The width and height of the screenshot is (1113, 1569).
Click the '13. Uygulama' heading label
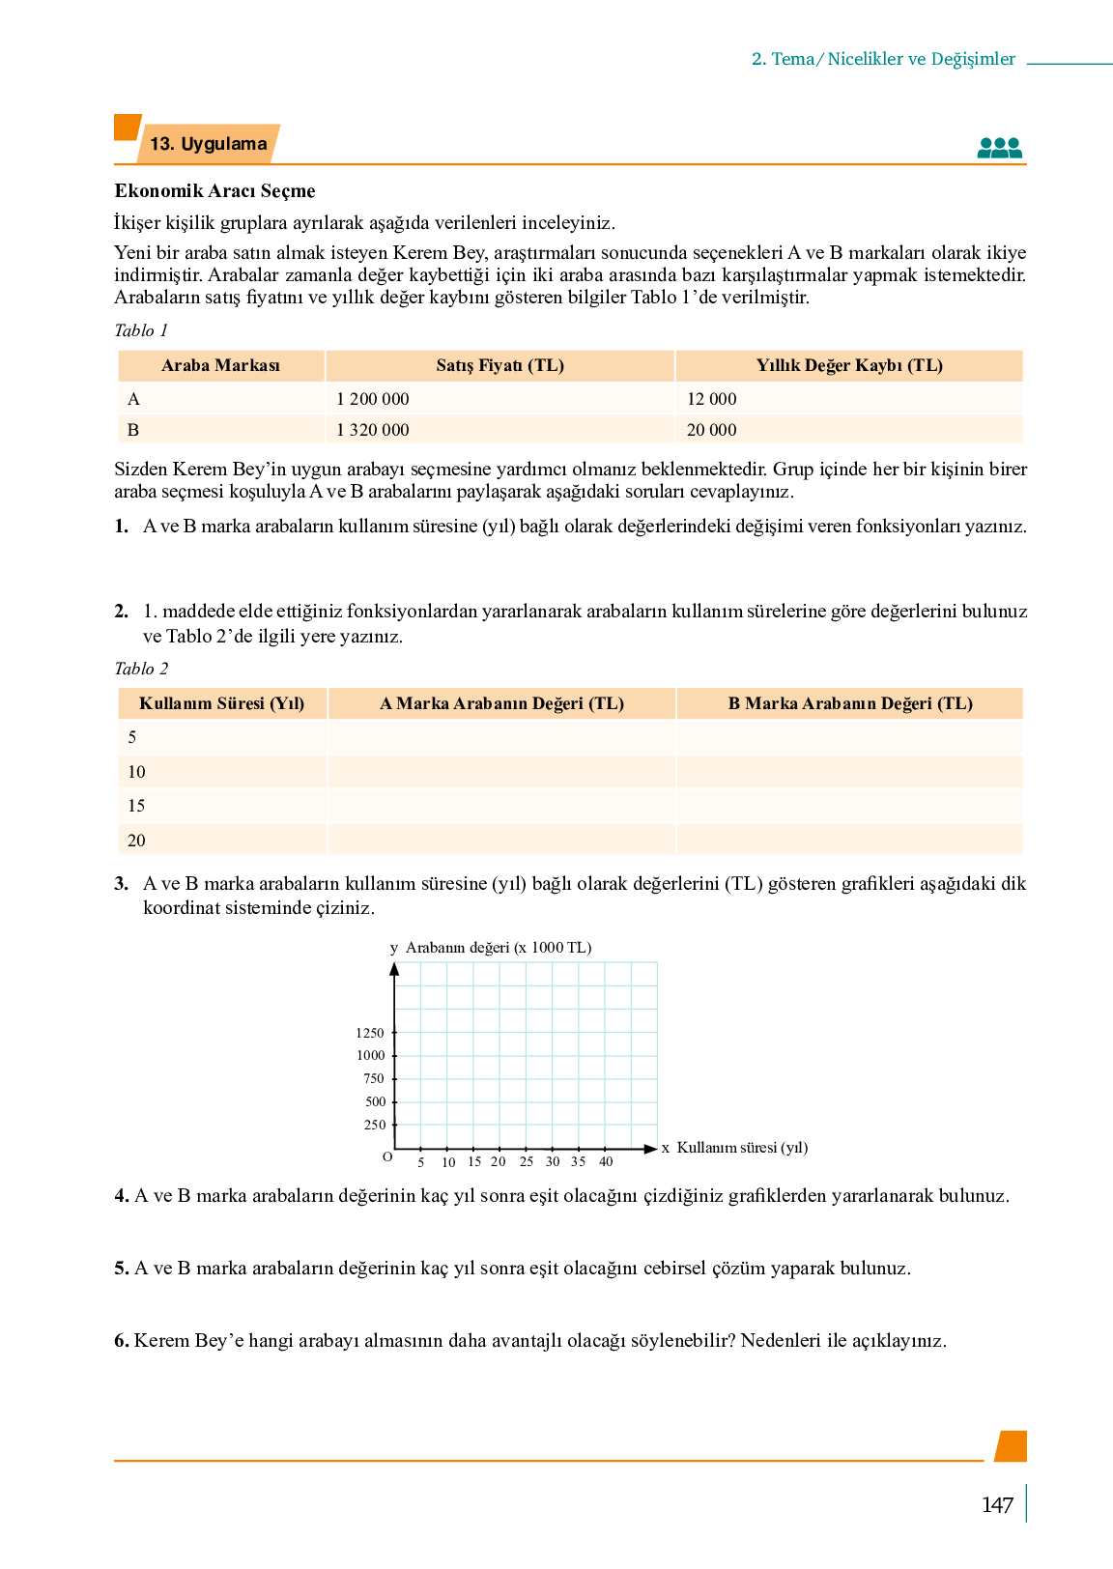[208, 144]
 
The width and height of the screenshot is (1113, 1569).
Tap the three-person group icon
[999, 148]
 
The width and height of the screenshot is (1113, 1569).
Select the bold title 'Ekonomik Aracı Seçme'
[214, 190]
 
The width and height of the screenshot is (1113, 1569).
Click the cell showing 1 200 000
[373, 399]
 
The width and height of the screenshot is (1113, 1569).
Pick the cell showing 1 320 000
[373, 430]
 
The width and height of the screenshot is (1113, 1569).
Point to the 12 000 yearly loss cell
[712, 399]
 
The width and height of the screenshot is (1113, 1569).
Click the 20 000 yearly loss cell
[712, 430]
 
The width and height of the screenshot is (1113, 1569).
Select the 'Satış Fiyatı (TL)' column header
[499, 365]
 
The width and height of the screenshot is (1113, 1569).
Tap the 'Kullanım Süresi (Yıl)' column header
[221, 703]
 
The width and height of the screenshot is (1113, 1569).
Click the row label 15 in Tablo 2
[136, 806]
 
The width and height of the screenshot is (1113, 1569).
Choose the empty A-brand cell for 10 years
[501, 772]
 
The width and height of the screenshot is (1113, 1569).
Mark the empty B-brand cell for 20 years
[849, 841]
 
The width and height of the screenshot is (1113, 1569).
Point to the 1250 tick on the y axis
[370, 1033]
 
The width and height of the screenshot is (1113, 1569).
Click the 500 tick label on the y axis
[375, 1101]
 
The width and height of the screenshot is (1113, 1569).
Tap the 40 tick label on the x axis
[606, 1161]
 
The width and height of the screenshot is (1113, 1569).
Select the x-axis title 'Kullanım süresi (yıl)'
[742, 1148]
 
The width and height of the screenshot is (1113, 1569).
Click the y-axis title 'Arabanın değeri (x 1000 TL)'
[499, 948]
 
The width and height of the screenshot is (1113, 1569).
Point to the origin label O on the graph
[387, 1156]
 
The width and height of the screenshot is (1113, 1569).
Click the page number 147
[997, 1504]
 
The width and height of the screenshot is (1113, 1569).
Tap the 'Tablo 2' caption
[141, 669]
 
